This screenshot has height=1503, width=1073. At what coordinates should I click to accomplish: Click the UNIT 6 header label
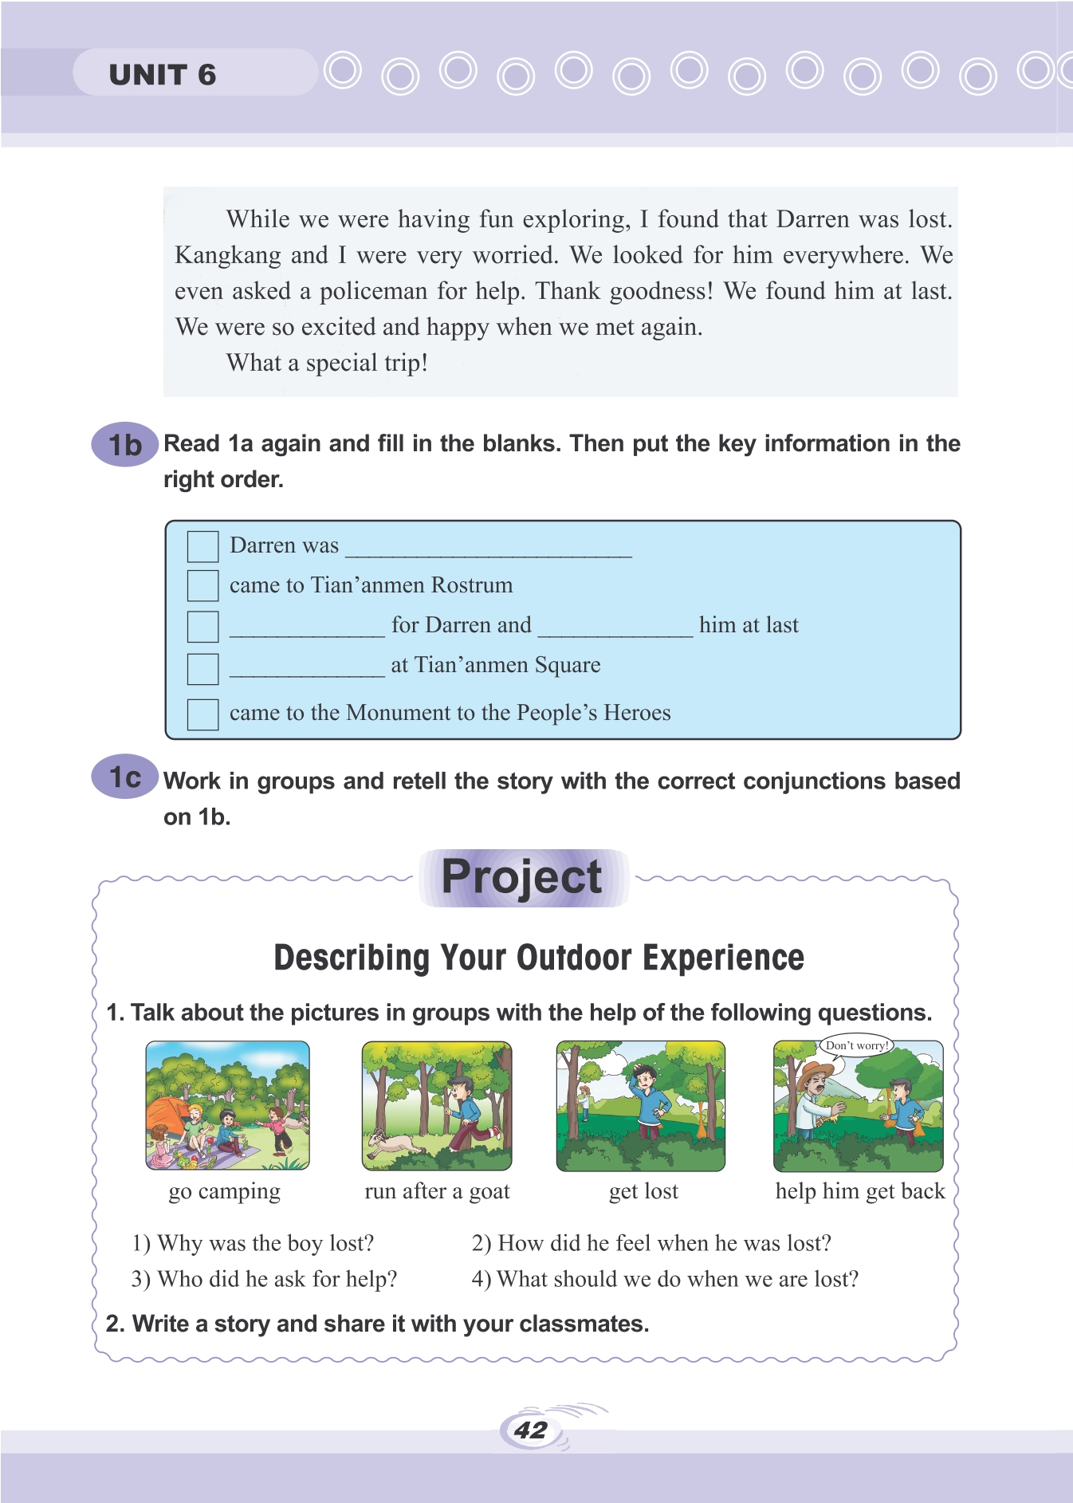[163, 75]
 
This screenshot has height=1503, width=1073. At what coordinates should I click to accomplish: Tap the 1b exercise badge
[125, 445]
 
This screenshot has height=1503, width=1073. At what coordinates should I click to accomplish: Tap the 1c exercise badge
[125, 777]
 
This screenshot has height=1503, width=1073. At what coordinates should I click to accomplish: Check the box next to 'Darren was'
[202, 546]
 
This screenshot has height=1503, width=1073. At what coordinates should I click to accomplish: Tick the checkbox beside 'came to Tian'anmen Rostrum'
[202, 585]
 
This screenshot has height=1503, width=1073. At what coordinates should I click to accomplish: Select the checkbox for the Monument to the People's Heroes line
[202, 714]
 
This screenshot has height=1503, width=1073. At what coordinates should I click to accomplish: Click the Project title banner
[523, 878]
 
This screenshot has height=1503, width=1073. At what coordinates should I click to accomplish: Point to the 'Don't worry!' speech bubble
[855, 1045]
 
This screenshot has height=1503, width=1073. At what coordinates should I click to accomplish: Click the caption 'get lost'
[643, 1191]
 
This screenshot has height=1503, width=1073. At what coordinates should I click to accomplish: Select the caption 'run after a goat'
[437, 1191]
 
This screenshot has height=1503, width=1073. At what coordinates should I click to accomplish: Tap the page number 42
[530, 1430]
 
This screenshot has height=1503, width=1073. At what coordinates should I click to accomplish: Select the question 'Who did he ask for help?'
[264, 1279]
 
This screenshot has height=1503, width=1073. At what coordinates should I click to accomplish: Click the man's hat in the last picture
[813, 1070]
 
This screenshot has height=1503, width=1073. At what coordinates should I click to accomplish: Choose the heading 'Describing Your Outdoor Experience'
[539, 958]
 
